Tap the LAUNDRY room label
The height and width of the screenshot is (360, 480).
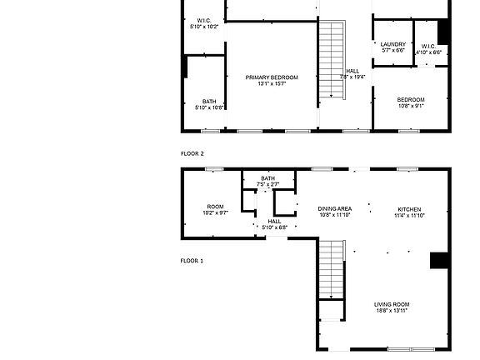tap(393, 44)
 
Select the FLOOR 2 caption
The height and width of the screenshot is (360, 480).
tap(192, 154)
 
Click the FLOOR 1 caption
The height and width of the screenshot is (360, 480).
tap(192, 261)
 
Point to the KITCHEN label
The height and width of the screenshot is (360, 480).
tap(409, 208)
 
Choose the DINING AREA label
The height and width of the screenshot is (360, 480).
tap(334, 208)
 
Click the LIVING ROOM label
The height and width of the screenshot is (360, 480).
tap(392, 304)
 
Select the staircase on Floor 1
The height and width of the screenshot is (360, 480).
tap(332, 269)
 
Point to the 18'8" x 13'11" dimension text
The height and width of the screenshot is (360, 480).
tap(392, 311)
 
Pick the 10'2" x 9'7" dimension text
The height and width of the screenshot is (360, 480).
tap(216, 213)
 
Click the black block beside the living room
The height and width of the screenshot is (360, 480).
tap(439, 261)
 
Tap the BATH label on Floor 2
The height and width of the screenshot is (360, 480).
tap(208, 101)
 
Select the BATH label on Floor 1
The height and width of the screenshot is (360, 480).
tap(267, 177)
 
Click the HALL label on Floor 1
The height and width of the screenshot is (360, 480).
tap(274, 221)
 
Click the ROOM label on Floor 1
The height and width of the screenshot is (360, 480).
tap(216, 207)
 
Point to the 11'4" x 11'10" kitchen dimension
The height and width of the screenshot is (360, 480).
tap(409, 215)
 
